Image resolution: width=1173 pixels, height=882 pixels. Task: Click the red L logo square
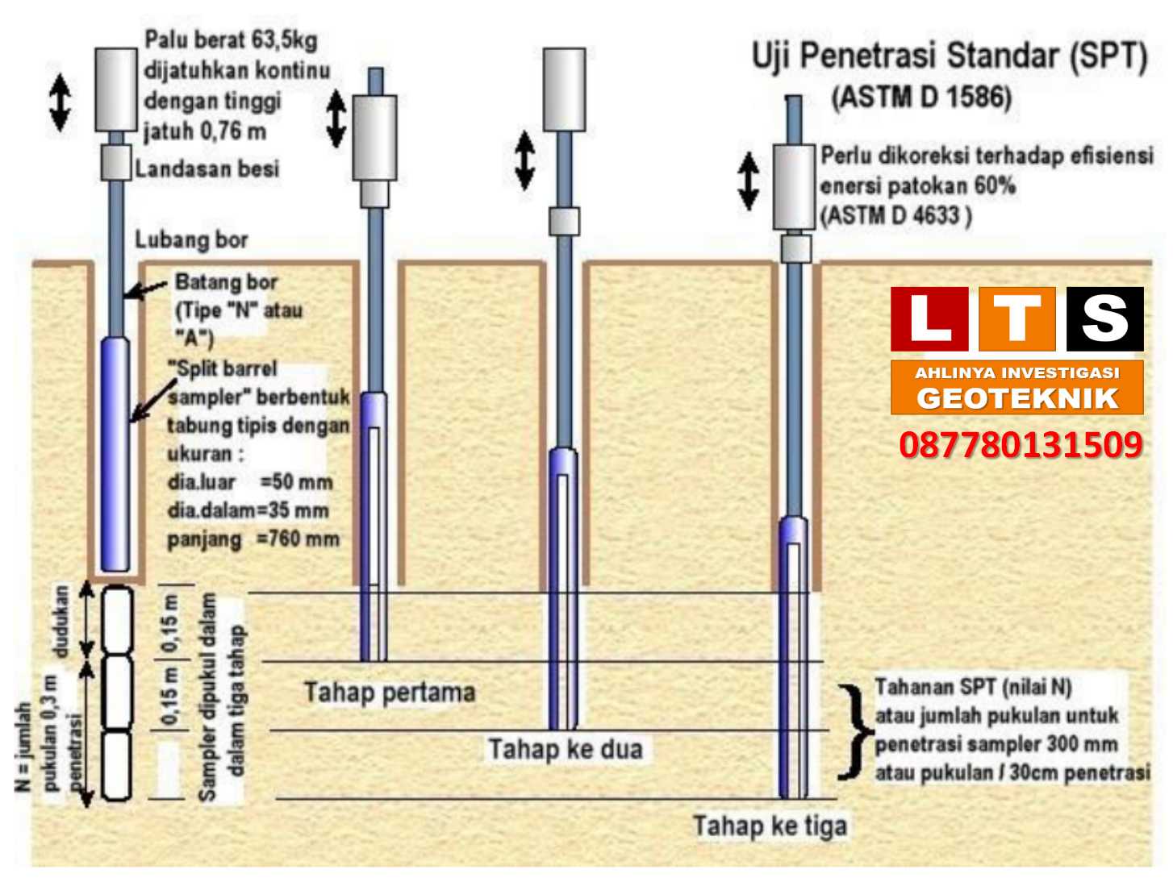[929, 319]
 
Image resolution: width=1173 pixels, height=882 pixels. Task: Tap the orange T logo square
[1016, 319]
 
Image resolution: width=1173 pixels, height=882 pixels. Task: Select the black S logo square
[1104, 319]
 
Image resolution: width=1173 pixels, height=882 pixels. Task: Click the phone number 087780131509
[1021, 445]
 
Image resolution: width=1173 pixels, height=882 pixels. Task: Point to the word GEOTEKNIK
[1017, 398]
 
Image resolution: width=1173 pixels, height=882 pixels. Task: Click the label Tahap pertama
[390, 693]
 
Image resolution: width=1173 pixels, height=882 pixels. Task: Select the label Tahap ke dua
[565, 749]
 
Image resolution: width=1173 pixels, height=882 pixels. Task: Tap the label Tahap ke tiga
[770, 826]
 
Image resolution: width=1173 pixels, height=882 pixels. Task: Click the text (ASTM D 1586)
[920, 98]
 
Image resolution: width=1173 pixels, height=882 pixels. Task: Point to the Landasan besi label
[207, 168]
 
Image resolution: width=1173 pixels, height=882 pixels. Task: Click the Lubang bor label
[191, 239]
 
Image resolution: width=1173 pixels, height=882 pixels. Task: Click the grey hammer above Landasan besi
[116, 89]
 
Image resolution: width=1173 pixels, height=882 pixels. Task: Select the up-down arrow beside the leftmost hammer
[60, 102]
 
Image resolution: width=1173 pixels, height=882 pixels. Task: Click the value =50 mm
[296, 482]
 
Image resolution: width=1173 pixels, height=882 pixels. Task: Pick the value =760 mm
[298, 539]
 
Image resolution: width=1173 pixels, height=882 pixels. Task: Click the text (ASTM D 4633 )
[895, 215]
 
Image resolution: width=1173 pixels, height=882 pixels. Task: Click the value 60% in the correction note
[995, 185]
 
